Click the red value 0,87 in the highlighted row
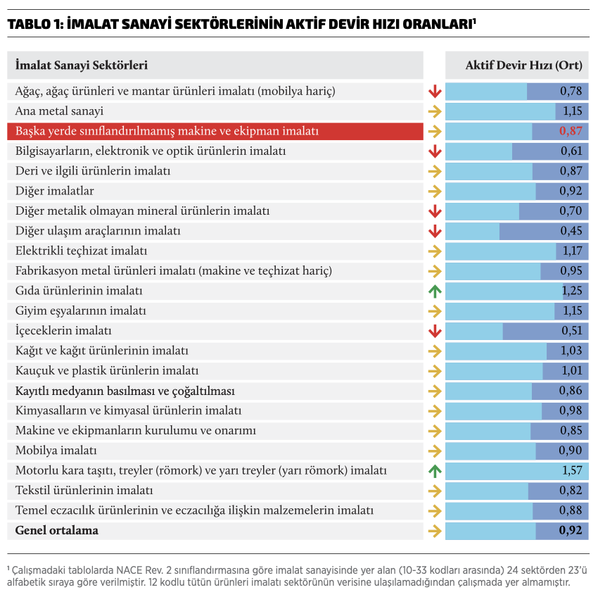pos(571,131)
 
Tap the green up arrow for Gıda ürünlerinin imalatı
pos(434,291)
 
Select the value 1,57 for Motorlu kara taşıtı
pos(571,470)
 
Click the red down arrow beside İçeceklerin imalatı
pos(434,331)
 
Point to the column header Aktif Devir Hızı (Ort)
pos(523,65)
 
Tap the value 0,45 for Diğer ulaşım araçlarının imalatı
pos(571,231)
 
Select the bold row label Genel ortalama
pos(57,530)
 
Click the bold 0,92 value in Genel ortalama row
pos(571,530)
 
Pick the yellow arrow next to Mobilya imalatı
pos(434,451)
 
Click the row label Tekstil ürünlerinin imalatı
pos(84,490)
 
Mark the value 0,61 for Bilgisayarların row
pos(571,151)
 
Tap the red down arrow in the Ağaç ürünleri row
pos(434,92)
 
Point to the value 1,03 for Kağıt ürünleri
pos(571,351)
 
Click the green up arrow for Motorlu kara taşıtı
pos(434,470)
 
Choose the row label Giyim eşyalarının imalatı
pos(80,310)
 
